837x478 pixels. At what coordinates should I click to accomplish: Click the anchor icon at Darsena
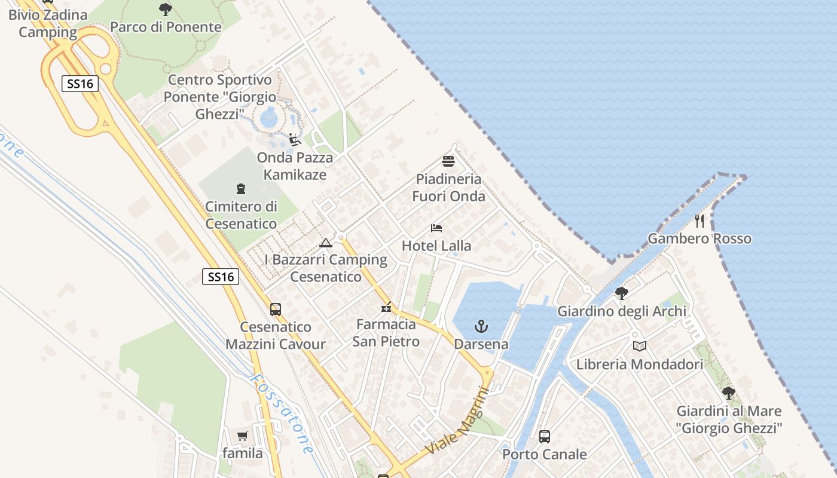[x=481, y=326]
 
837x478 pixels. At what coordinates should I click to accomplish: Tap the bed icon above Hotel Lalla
[x=436, y=228]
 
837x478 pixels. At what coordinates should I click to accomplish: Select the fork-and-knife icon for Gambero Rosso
[x=699, y=221]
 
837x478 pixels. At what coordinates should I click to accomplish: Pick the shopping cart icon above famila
[x=242, y=436]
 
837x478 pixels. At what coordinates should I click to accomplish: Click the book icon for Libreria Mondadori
[x=640, y=346]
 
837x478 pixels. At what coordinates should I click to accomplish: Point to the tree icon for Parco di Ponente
[x=166, y=9]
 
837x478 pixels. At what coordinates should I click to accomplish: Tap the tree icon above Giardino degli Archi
[x=622, y=293]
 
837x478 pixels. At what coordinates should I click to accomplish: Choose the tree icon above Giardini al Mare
[x=728, y=393]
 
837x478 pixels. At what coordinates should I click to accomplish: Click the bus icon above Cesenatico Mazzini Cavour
[x=275, y=310]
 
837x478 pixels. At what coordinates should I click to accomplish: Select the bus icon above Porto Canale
[x=544, y=437]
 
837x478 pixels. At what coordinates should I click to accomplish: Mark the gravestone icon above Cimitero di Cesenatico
[x=241, y=189]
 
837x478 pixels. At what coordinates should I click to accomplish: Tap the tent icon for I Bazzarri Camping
[x=325, y=243]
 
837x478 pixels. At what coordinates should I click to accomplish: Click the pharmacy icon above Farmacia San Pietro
[x=386, y=308]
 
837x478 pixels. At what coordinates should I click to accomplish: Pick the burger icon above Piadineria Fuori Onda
[x=448, y=161]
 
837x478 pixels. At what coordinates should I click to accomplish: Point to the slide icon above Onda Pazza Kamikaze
[x=294, y=140]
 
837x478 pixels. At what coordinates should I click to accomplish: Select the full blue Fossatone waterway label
[x=281, y=413]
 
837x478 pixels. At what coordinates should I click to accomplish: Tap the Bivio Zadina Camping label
[x=48, y=23]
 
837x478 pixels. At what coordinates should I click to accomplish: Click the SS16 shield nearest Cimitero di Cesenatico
[x=221, y=277]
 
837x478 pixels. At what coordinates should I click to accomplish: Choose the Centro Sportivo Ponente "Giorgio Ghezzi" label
[x=220, y=96]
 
